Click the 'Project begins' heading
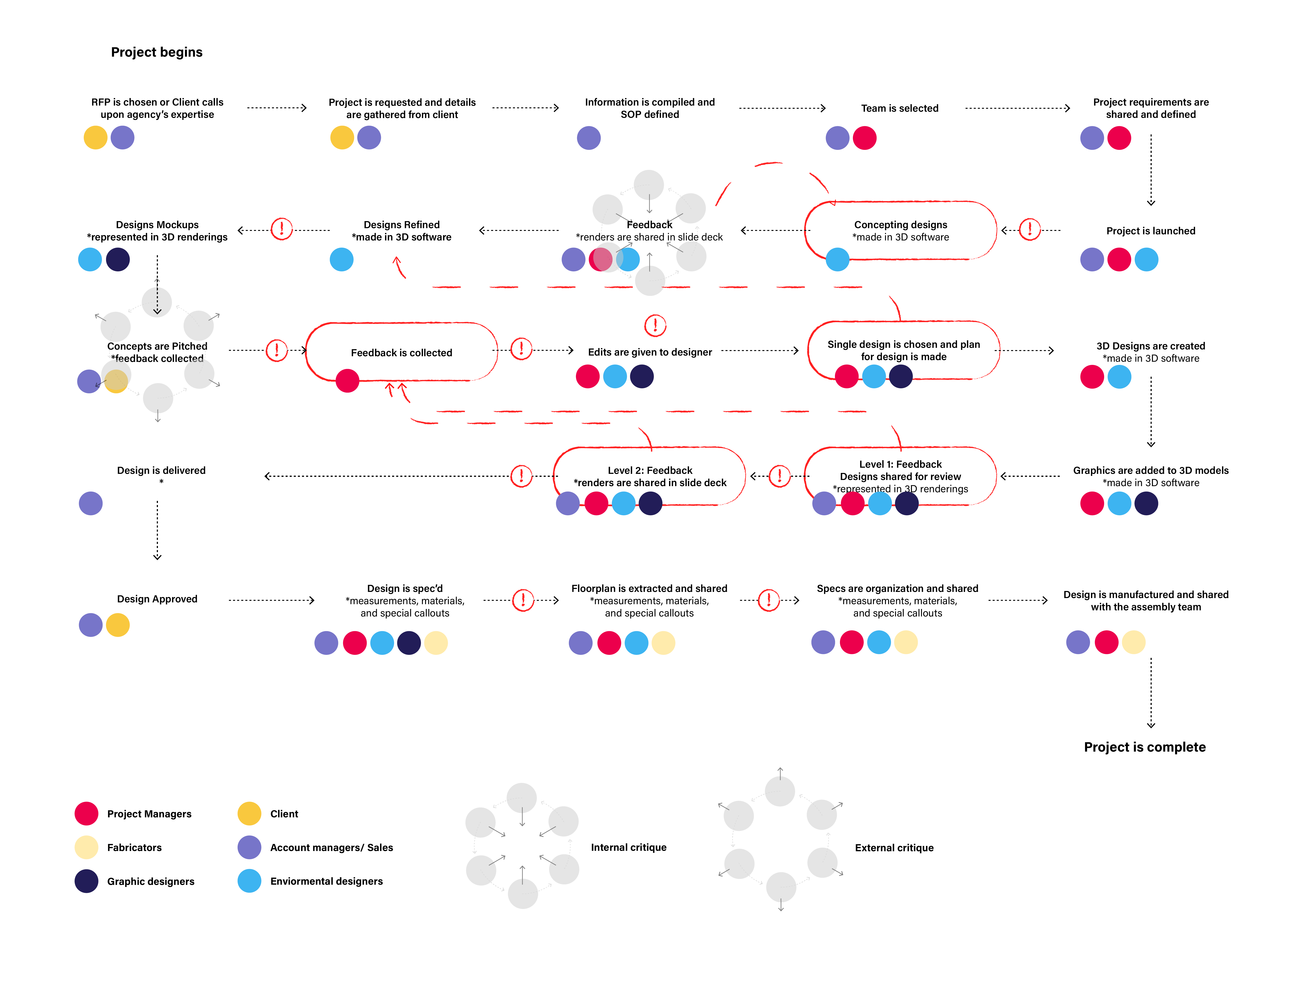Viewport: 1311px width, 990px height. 157,52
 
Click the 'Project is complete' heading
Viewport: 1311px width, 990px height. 1144,747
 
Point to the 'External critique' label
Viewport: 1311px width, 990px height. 894,848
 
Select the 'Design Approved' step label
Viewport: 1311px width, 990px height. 157,599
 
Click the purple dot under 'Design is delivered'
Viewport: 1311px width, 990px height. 91,504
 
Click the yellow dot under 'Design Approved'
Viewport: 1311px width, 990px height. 118,625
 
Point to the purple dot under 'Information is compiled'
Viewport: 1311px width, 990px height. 588,138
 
